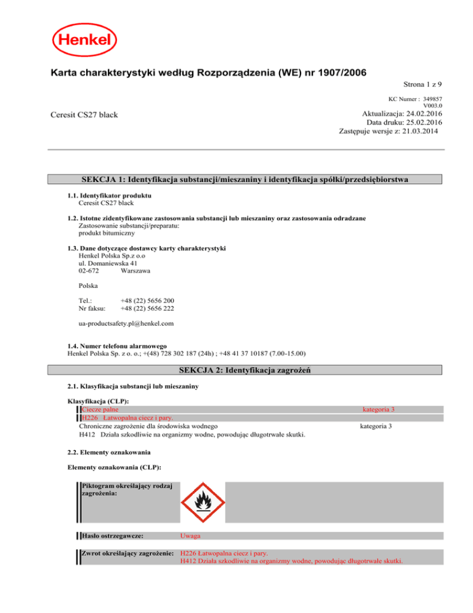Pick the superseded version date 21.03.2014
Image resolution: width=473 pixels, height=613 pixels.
coord(420,132)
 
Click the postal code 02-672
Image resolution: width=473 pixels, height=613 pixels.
coord(89,270)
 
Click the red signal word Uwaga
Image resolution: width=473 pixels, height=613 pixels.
coord(190,536)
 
